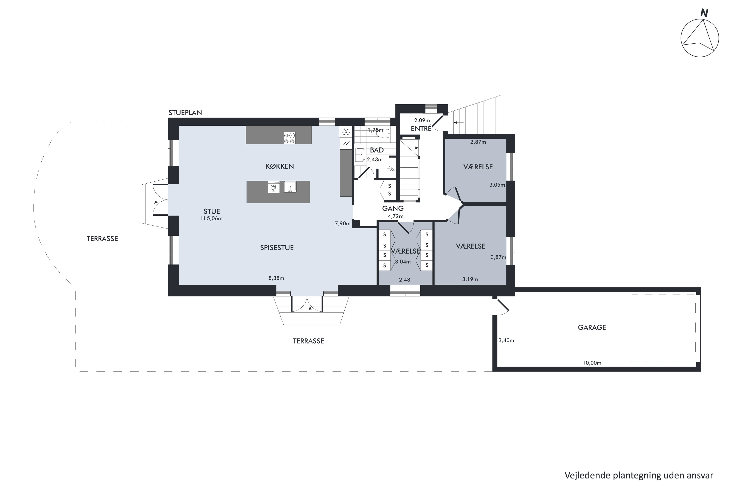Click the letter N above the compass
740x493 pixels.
pyautogui.click(x=704, y=13)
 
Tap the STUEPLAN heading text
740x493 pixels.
pyautogui.click(x=185, y=113)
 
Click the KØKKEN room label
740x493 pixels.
pyautogui.click(x=280, y=166)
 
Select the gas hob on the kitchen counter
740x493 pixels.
pyautogui.click(x=289, y=138)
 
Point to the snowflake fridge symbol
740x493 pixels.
pyautogui.click(x=346, y=132)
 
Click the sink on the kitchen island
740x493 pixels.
pyautogui.click(x=290, y=187)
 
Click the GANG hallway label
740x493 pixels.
pyautogui.click(x=393, y=208)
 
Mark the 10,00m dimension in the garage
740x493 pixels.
pyautogui.click(x=592, y=363)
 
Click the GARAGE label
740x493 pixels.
pyautogui.click(x=592, y=327)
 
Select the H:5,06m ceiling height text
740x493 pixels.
pyautogui.click(x=212, y=218)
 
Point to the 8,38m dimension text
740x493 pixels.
pyautogui.click(x=276, y=278)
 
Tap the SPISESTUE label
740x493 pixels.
pyautogui.click(x=277, y=248)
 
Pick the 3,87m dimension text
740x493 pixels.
pyautogui.click(x=498, y=257)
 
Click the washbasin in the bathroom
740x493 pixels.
pyautogui.click(x=360, y=155)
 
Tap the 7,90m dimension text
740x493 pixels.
pyautogui.click(x=343, y=224)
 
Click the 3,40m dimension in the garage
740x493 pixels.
pyautogui.click(x=506, y=340)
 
